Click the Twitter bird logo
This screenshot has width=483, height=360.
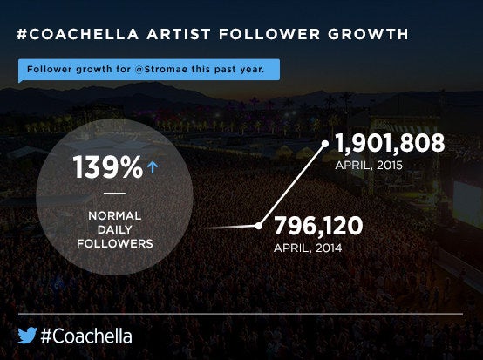click(27, 336)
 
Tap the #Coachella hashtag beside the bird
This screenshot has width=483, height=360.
click(86, 336)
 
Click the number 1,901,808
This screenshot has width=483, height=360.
click(390, 143)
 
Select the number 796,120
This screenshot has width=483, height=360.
click(318, 226)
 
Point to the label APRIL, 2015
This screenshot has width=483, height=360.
click(369, 166)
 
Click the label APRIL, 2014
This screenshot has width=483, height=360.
click(308, 248)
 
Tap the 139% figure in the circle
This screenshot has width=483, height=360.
click(108, 166)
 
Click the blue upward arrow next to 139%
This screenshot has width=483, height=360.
click(153, 168)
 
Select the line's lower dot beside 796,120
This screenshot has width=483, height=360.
click(259, 226)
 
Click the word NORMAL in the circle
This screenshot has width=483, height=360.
click(114, 215)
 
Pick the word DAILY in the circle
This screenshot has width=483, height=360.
click(114, 229)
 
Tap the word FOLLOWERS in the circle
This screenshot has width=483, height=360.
click(115, 243)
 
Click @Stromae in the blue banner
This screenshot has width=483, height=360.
click(160, 69)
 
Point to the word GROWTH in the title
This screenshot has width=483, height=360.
click(369, 34)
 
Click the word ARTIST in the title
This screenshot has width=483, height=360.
click(179, 34)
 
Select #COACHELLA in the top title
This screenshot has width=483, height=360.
click(78, 34)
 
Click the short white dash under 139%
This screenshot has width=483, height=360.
click(114, 194)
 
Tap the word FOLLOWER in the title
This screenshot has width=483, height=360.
click(269, 34)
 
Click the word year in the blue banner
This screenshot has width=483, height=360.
click(252, 70)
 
